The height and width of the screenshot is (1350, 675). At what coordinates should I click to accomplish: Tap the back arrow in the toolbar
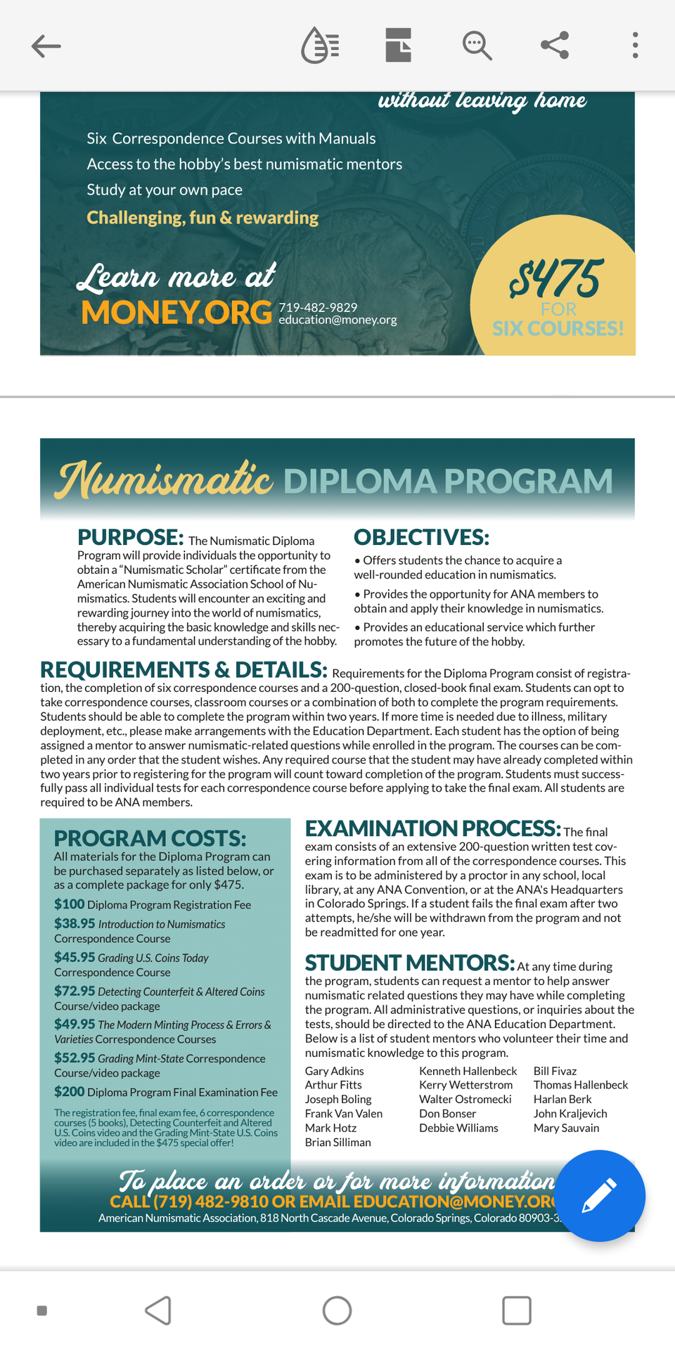(46, 46)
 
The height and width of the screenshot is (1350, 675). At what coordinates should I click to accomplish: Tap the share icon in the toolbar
(555, 46)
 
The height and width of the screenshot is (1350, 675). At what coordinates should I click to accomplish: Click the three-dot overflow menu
(635, 46)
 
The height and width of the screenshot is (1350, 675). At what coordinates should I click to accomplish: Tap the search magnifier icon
(477, 46)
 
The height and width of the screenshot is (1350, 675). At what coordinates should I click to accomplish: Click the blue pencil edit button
(599, 1196)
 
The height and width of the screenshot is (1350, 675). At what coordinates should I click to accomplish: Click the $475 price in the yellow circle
(556, 278)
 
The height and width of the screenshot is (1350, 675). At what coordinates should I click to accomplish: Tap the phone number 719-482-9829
(318, 307)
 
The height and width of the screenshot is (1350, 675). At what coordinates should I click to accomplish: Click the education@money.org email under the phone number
(337, 320)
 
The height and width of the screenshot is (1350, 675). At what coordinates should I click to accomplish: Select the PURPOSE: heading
(131, 537)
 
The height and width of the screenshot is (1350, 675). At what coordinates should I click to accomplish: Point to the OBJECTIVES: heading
(421, 537)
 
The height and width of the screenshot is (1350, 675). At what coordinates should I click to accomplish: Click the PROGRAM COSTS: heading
(150, 838)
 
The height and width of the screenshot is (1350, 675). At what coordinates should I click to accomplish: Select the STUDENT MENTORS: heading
(410, 963)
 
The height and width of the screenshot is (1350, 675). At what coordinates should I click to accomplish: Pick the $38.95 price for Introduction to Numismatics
(75, 923)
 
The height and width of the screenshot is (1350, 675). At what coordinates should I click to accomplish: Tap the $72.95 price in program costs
(75, 991)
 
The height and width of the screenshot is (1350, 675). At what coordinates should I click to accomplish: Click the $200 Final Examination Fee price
(70, 1091)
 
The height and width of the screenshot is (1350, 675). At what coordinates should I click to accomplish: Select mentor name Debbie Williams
(458, 1128)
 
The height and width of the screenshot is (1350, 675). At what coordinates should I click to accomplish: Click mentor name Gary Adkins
(334, 1071)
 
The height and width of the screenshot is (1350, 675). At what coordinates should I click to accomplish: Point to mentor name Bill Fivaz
(555, 1071)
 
